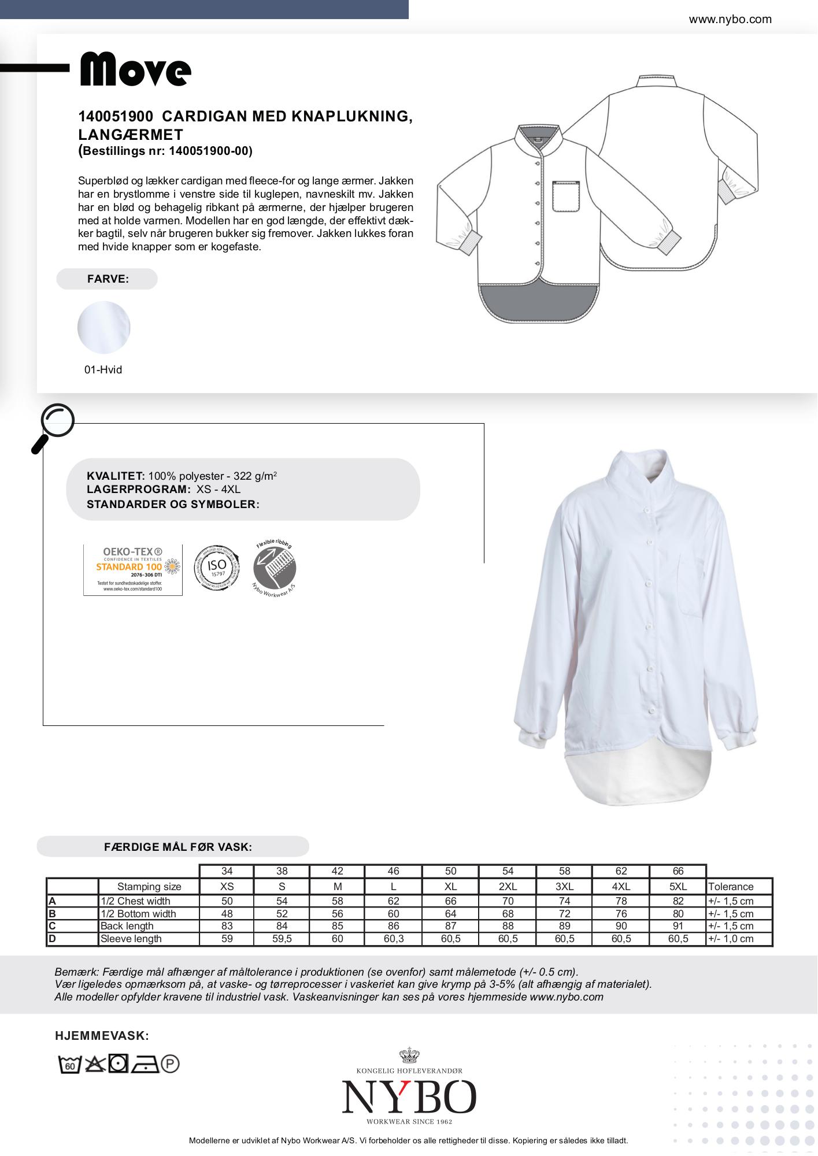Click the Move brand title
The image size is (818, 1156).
[x=135, y=71]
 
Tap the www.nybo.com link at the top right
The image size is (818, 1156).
[x=730, y=19]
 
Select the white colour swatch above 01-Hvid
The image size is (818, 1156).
[x=104, y=327]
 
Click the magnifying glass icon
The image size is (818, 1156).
[x=53, y=427]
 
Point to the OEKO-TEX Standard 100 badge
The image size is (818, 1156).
[x=133, y=569]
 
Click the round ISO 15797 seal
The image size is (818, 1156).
[x=217, y=567]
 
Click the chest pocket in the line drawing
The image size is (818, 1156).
[x=566, y=197]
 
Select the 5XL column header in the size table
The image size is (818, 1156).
[x=678, y=886]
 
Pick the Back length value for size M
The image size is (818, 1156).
[x=337, y=926]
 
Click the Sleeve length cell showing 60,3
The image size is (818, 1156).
[x=393, y=939]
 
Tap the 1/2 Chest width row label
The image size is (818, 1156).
[x=135, y=901]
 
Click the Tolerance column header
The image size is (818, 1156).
[x=731, y=886]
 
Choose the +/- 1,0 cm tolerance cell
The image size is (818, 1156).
[x=731, y=939]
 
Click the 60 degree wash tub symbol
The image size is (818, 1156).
[x=69, y=1064]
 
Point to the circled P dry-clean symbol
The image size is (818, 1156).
[x=171, y=1064]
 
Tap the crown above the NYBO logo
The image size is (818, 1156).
[x=409, y=1055]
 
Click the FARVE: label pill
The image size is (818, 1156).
[x=107, y=279]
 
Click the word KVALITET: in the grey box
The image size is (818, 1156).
[x=116, y=476]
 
